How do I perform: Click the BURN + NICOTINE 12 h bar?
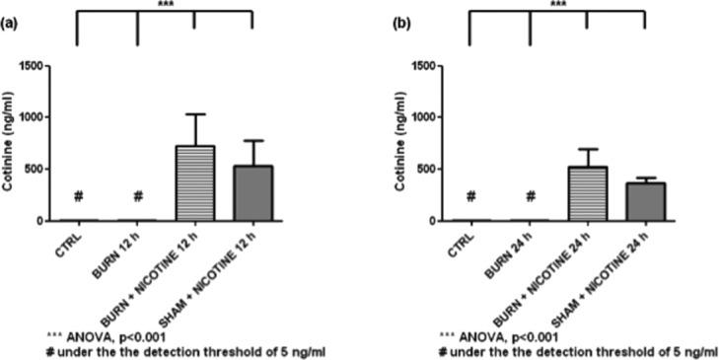193,183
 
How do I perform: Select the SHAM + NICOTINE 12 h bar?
252,193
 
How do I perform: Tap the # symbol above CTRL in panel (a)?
77,195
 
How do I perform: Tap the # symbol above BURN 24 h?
530,195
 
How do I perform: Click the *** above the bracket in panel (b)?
558,5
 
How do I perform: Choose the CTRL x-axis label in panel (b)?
463,246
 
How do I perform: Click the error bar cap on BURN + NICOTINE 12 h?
193,114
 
